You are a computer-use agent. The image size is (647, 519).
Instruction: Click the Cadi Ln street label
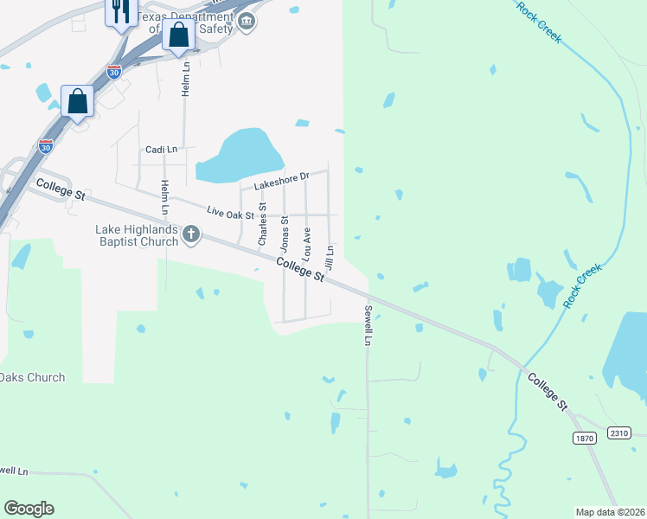161,150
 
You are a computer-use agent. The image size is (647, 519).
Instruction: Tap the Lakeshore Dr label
281,182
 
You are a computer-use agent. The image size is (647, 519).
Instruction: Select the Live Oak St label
231,212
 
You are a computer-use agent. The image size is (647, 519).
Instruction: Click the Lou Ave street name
306,243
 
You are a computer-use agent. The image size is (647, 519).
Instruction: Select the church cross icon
191,234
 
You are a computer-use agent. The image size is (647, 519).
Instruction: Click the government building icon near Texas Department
247,22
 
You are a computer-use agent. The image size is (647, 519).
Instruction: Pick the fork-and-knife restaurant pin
120,12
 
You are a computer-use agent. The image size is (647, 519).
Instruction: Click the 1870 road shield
585,439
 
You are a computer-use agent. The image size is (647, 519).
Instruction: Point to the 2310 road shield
618,432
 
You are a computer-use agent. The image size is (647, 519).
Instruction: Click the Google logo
29,509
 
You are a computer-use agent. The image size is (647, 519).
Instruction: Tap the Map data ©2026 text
609,512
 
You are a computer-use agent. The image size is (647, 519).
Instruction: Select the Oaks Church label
32,377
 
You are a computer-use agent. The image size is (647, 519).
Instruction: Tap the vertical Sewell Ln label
368,325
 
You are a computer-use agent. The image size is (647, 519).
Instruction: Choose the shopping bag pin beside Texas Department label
178,35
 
